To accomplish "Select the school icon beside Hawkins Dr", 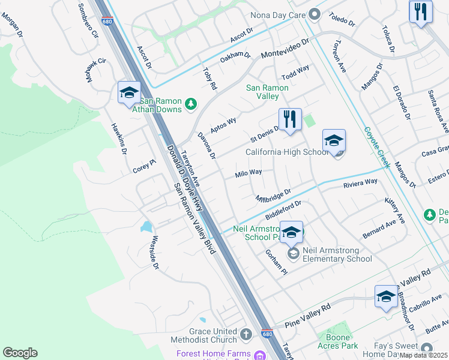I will click(129, 94).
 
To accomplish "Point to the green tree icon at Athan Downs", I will click(191, 105).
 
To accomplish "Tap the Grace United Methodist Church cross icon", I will click(246, 334).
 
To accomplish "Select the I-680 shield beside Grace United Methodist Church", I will click(267, 334).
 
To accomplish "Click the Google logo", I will click(20, 353).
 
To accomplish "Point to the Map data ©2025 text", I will click(424, 355).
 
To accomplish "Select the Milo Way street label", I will click(249, 173).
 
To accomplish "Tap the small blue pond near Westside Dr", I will click(146, 226).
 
